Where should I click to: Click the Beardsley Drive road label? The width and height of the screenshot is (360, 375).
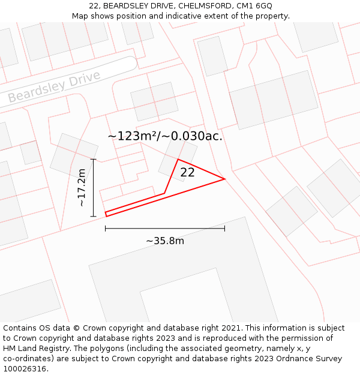point(54,88)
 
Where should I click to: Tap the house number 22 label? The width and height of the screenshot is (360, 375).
point(187,173)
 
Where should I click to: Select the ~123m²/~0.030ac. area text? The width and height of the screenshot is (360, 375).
point(165,136)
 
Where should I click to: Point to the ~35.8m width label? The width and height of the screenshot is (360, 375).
point(165,241)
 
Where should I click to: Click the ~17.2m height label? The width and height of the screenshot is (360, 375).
point(82,188)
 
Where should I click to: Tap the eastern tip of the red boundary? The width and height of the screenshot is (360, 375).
point(224,179)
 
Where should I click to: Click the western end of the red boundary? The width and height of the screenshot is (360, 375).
point(106,214)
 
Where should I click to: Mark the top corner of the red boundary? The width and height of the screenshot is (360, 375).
point(178,159)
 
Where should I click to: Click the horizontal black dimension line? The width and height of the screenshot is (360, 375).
point(165,229)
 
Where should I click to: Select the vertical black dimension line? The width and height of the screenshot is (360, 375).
point(94,188)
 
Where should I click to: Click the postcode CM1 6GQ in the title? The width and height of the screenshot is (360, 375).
point(256,6)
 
